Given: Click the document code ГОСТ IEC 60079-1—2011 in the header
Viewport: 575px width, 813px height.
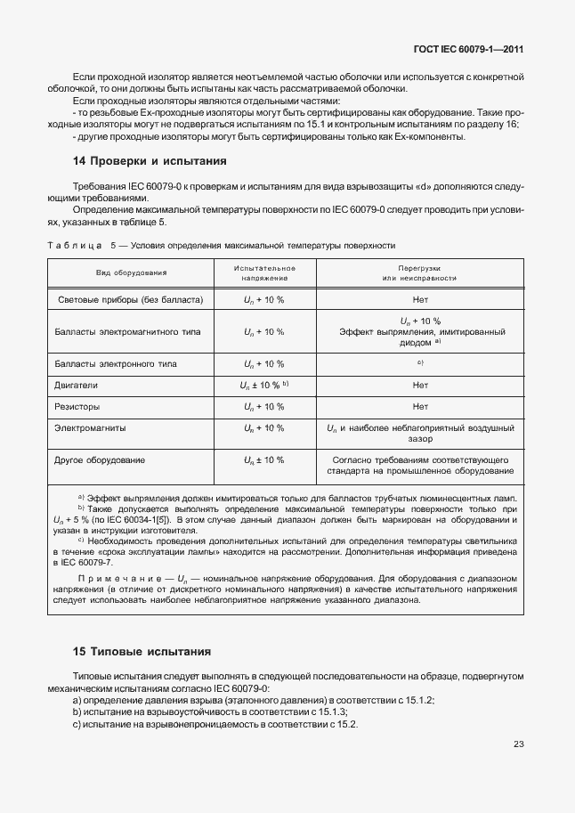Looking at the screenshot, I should [468, 51].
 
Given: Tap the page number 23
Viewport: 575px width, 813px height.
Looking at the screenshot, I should [518, 744].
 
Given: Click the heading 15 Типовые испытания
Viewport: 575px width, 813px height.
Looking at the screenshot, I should [141, 651].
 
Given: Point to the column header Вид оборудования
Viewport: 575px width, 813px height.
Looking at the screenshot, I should [131, 272].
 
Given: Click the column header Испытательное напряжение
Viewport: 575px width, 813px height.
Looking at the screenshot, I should [264, 272].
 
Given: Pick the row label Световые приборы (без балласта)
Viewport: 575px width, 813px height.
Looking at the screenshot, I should [130, 299].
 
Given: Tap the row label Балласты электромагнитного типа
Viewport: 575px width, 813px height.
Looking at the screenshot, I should [128, 331].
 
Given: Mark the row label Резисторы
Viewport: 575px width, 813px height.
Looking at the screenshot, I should [78, 406].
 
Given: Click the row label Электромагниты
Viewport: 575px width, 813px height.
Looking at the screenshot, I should [90, 427].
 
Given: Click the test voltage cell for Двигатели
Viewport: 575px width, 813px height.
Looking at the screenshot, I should [264, 385].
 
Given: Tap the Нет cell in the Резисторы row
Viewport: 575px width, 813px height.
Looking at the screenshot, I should [420, 406].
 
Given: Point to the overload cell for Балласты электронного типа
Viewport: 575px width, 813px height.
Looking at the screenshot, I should [420, 363].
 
